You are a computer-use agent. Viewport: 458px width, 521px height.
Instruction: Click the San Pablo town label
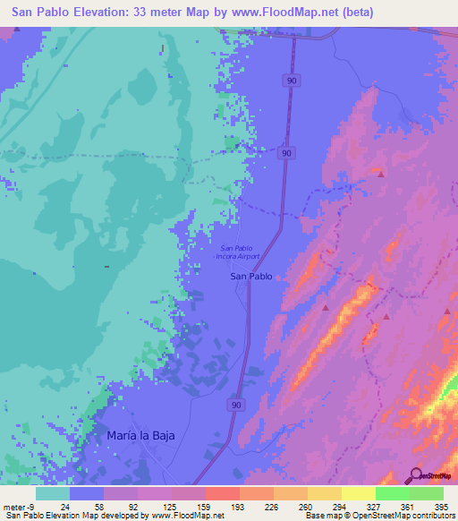click(251, 277)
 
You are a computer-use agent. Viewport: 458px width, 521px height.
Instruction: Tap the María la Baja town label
click(135, 435)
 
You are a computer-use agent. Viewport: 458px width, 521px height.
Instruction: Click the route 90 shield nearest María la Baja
click(234, 406)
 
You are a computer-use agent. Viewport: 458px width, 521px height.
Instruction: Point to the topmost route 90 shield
click(293, 81)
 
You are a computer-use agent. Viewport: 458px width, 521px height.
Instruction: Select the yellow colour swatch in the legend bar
click(358, 493)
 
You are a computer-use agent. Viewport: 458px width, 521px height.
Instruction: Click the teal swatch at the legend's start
click(53, 493)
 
